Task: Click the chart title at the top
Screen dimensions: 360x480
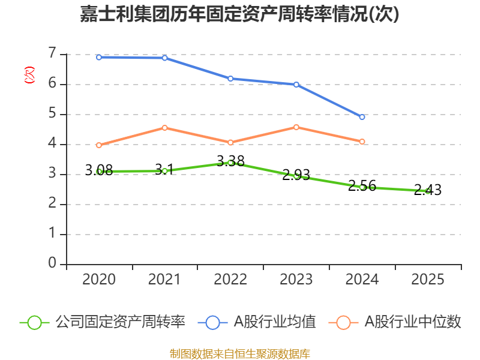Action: coord(239,14)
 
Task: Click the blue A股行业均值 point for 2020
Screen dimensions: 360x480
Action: coord(99,57)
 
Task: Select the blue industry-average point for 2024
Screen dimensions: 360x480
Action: coord(362,117)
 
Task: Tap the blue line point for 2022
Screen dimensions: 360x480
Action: coord(230,79)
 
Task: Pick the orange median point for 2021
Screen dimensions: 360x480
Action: coord(164,128)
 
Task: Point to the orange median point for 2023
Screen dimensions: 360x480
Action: coord(296,127)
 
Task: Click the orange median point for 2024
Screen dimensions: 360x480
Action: coord(362,142)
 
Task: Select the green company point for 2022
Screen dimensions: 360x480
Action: coord(230,163)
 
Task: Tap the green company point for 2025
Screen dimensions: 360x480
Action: coord(428,191)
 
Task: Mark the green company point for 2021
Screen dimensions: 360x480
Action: coord(164,171)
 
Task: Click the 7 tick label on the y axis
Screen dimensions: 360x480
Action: coord(52,54)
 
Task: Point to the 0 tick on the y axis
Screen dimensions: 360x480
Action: coord(52,263)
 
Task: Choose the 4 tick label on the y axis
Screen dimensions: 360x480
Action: coord(52,144)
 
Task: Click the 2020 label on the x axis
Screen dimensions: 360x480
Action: coord(99,280)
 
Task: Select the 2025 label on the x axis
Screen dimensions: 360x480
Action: coord(428,280)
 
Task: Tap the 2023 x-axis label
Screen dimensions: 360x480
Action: coord(296,280)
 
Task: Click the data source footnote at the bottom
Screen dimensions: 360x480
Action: coord(239,353)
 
